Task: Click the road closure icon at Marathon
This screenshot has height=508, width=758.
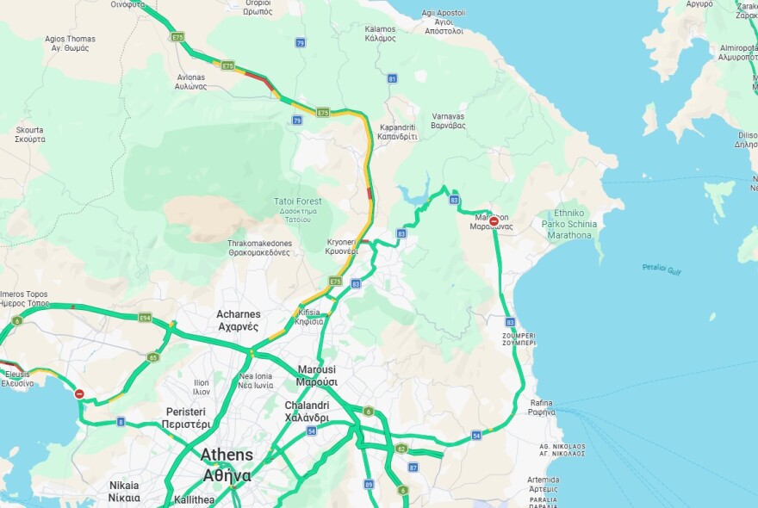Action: click(x=494, y=221)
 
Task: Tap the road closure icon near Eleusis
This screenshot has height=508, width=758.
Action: click(x=79, y=393)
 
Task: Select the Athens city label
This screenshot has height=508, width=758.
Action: click(x=227, y=464)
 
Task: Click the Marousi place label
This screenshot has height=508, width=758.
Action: click(x=317, y=375)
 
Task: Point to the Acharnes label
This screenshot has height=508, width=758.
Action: click(x=239, y=320)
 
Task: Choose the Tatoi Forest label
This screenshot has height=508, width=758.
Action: click(x=297, y=206)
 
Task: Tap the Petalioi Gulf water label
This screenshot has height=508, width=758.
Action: click(x=662, y=269)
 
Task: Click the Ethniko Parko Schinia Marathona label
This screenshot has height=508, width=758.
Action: click(x=569, y=223)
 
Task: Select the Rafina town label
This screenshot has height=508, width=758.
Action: click(x=541, y=406)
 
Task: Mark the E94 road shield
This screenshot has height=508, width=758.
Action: click(x=145, y=317)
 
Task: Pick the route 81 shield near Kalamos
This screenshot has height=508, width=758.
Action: click(x=393, y=78)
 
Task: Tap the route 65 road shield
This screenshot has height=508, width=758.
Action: click(x=153, y=356)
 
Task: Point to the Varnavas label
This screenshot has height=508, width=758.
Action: click(x=448, y=121)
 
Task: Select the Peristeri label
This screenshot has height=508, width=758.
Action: click(x=187, y=418)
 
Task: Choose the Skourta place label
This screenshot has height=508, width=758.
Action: click(x=30, y=134)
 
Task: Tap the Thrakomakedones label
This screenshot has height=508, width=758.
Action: click(x=258, y=248)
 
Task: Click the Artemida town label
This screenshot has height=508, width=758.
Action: click(x=543, y=484)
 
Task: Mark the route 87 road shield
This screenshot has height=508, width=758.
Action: click(x=413, y=468)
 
